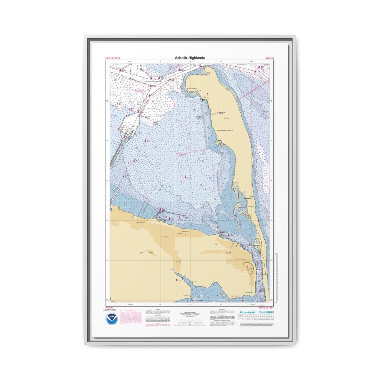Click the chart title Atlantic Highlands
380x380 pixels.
(x=190, y=58)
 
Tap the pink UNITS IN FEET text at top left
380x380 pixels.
(x=113, y=58)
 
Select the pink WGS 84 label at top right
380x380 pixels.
(x=269, y=58)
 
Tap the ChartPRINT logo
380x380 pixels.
(x=247, y=312)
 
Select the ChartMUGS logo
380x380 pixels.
(x=265, y=312)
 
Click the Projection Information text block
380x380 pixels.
(x=190, y=314)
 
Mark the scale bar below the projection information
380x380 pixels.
(x=190, y=324)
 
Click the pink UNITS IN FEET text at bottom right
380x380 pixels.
(x=266, y=308)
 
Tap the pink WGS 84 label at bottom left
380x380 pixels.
(x=109, y=308)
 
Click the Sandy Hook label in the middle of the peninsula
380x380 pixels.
(x=226, y=119)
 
